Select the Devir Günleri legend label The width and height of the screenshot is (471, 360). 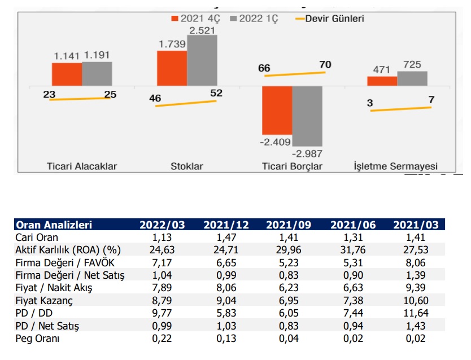[334, 19]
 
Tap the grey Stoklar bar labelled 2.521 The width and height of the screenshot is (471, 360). [202, 62]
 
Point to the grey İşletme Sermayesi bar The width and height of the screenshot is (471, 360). [412, 79]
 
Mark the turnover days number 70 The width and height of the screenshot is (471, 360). [325, 65]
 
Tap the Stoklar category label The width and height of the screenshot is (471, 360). [186, 166]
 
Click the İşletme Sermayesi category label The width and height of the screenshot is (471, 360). [395, 166]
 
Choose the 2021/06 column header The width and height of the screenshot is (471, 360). [352, 225]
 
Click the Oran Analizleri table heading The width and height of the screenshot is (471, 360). [54, 225]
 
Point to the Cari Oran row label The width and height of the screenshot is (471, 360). [37, 237]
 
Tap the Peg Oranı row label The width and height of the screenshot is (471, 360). [38, 339]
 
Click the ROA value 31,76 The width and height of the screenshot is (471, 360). [352, 249]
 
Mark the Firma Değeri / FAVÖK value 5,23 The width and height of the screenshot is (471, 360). [289, 262]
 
